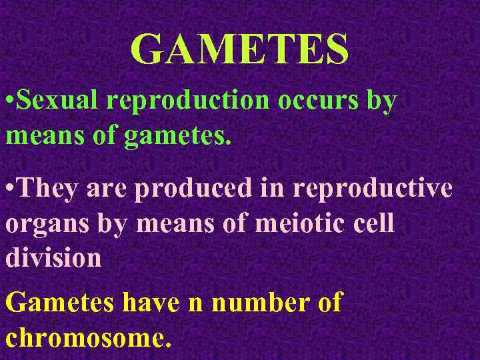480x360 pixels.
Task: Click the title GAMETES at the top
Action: [239, 49]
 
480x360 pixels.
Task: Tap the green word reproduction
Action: [187, 101]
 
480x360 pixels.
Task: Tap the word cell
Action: [374, 225]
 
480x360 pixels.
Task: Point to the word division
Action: [53, 258]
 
